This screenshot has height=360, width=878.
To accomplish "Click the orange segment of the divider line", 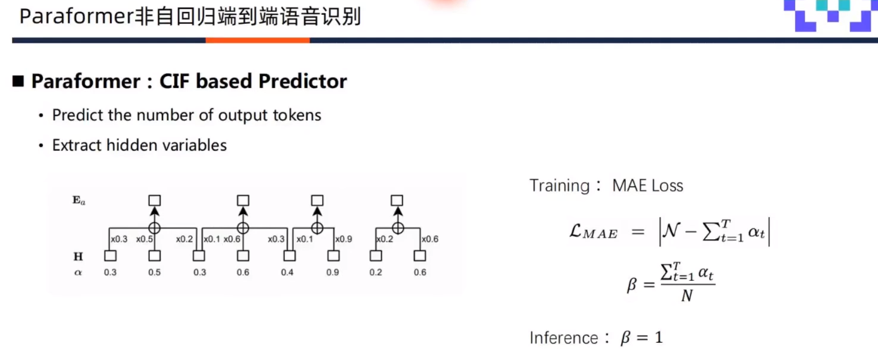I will (258, 40).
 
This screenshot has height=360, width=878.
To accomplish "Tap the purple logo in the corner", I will (829, 15).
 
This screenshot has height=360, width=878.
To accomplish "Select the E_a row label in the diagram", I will (79, 201).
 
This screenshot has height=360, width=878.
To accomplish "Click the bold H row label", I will (78, 256).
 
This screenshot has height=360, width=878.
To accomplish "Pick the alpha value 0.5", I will (154, 273).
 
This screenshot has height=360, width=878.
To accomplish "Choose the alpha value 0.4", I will (288, 273).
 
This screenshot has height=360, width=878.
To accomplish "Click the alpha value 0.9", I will (333, 273).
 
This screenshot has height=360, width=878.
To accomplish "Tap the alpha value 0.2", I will (375, 273).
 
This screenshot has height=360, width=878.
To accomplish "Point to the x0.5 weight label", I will (144, 239).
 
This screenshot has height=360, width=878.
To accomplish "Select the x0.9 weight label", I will (344, 239).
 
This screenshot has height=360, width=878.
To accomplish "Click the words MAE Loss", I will (648, 186).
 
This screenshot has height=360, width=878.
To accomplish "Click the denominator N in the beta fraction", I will (686, 296).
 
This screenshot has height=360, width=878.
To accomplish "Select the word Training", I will (560, 186).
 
